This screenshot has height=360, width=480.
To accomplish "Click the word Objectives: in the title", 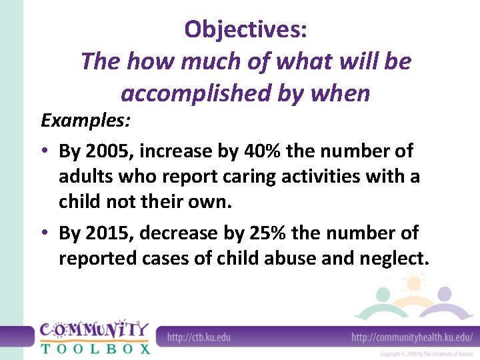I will [245, 30].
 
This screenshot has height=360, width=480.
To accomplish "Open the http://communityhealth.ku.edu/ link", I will [411, 337].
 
